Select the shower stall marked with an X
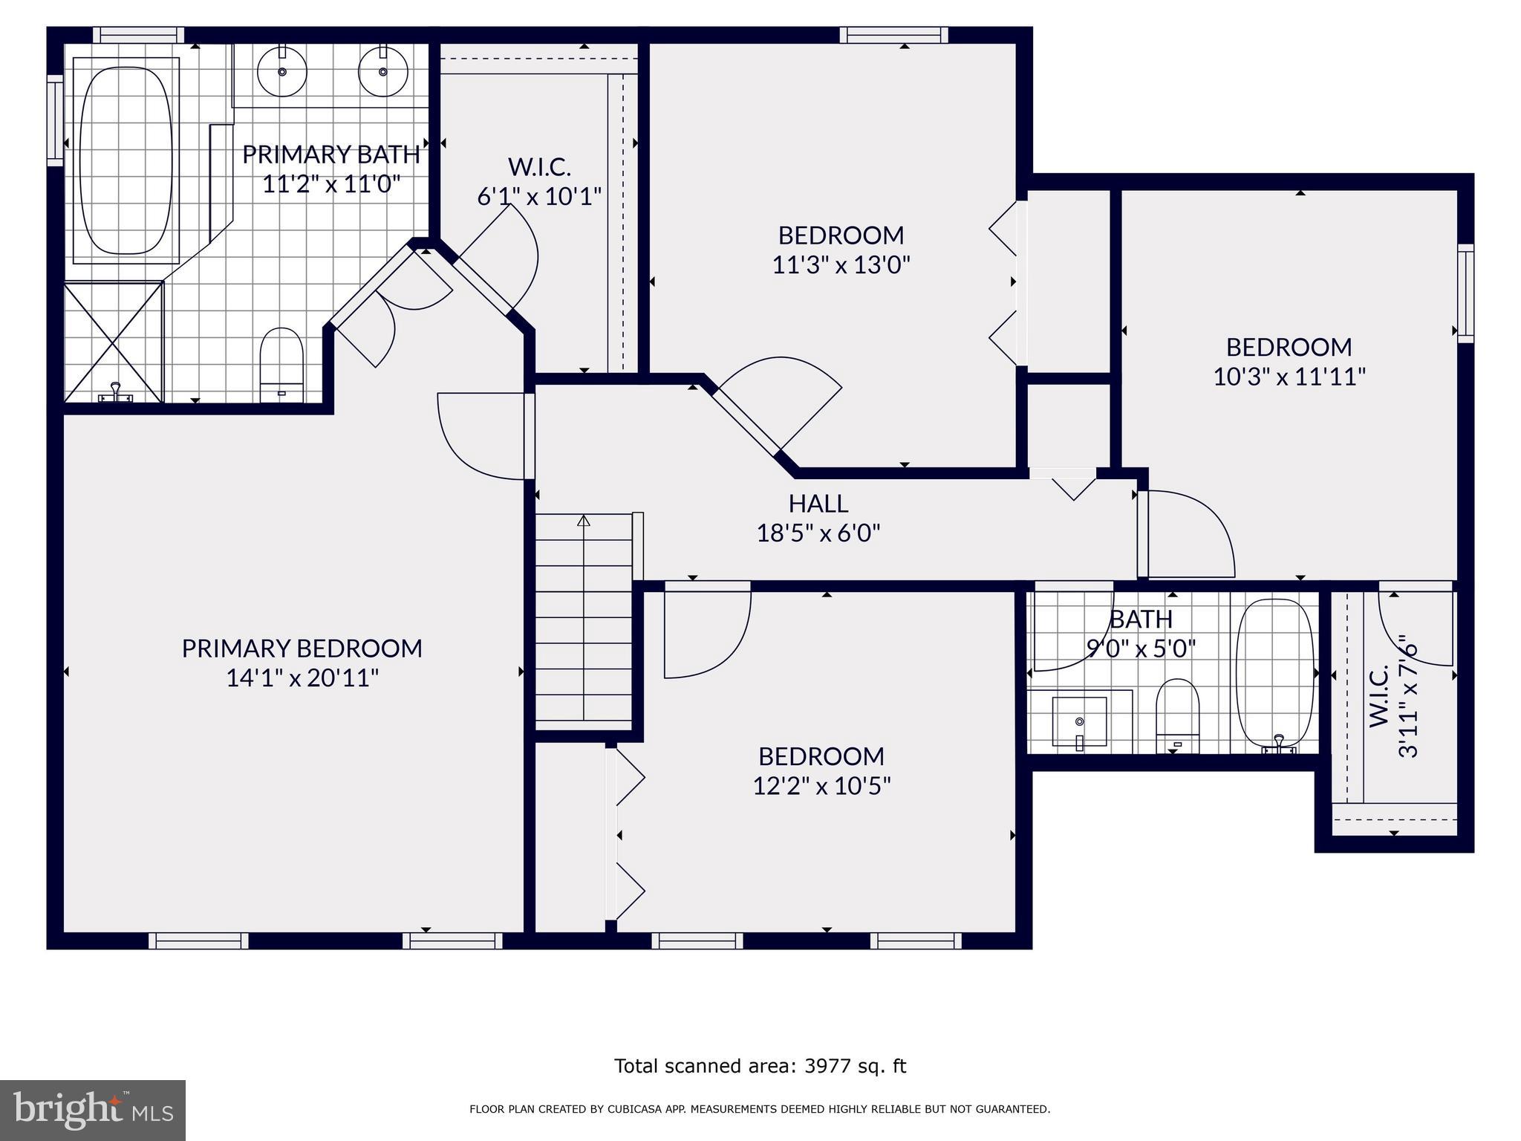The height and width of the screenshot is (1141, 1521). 113,342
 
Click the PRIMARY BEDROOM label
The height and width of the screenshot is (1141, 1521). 302,648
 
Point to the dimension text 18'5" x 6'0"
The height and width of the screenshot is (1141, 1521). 818,533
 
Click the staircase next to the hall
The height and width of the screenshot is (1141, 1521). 584,617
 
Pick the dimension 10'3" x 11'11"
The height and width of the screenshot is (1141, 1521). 1289,377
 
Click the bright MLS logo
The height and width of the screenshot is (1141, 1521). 92,1110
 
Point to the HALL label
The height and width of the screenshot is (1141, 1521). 818,504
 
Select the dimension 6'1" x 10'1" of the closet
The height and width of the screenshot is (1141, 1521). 538,197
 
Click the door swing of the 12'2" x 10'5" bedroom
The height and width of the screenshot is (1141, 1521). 706,635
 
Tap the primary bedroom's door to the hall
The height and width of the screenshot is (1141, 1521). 483,438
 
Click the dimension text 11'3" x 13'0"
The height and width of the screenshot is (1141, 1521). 841,265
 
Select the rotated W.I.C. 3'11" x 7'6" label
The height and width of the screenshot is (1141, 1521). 1393,695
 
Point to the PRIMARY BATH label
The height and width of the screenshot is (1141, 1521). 330,155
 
